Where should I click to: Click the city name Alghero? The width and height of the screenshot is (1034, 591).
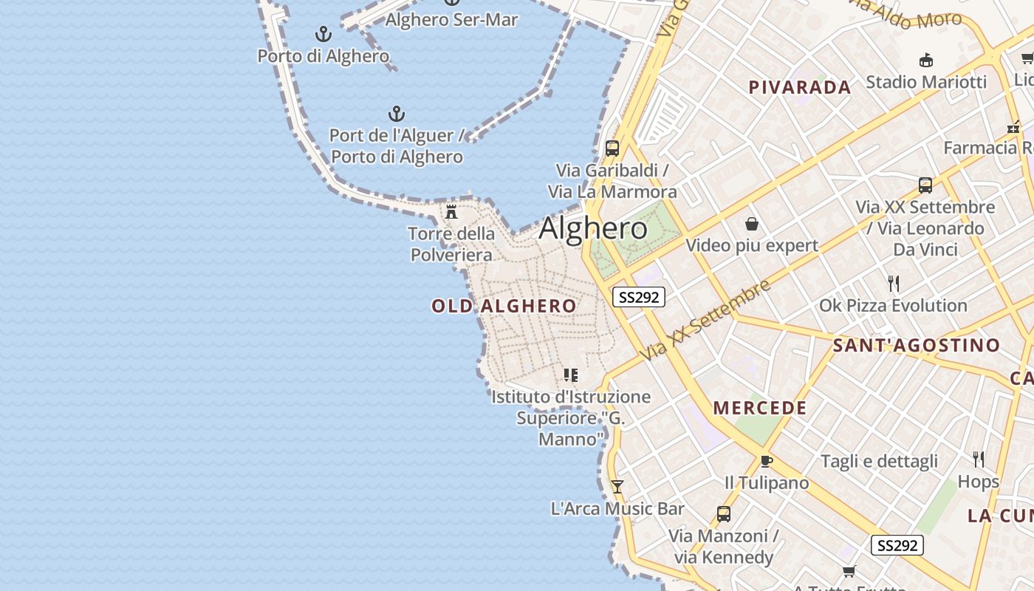[593, 228]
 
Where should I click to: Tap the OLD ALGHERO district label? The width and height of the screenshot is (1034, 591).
[504, 306]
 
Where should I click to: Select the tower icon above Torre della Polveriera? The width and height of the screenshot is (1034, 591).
[451, 212]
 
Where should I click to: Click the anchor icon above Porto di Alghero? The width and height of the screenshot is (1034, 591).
[323, 34]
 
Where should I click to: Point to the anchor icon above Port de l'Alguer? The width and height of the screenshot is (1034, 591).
[397, 114]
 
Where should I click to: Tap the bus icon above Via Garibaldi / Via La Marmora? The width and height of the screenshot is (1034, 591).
[612, 148]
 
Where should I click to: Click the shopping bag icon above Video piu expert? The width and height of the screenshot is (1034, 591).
[752, 223]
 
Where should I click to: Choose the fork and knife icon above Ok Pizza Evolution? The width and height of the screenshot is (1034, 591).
[893, 283]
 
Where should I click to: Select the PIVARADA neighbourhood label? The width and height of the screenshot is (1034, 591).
[800, 87]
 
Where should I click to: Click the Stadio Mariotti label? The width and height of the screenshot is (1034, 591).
[926, 81]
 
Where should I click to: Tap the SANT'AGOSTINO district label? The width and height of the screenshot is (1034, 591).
[916, 345]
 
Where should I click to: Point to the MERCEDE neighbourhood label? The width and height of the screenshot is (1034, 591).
[760, 408]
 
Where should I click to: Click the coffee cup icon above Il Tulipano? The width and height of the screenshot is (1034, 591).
[767, 461]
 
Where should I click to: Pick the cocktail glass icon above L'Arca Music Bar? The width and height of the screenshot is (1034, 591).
[617, 487]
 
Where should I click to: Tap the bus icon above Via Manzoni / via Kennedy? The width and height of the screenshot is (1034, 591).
[724, 513]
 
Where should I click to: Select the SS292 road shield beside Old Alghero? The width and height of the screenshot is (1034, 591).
[639, 297]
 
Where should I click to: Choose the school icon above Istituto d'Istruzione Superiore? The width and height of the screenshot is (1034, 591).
[570, 375]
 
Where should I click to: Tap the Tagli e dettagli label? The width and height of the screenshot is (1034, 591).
[879, 461]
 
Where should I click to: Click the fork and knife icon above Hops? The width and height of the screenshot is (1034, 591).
[979, 460]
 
